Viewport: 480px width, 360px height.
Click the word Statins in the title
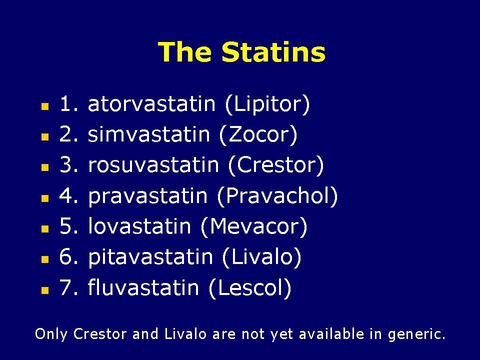coord(273,52)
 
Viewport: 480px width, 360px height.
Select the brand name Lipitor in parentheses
coord(267,104)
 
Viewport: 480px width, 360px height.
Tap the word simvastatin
coord(149,135)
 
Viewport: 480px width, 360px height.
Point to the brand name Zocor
coord(258,135)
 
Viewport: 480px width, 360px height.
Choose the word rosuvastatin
coord(153,165)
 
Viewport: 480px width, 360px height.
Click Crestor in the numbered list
coord(275,165)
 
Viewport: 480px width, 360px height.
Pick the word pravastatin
coord(148,196)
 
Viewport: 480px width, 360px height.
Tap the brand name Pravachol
coord(278,196)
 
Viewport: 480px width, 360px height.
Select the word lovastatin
coord(139,227)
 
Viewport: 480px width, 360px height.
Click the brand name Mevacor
coord(253,227)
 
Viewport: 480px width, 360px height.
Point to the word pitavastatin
coord(150,257)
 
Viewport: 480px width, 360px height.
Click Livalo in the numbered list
coord(260,257)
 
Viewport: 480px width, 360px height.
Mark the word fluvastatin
coord(143,288)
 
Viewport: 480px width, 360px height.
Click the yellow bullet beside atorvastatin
coord(45,106)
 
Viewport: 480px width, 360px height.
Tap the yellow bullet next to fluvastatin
coord(45,289)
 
